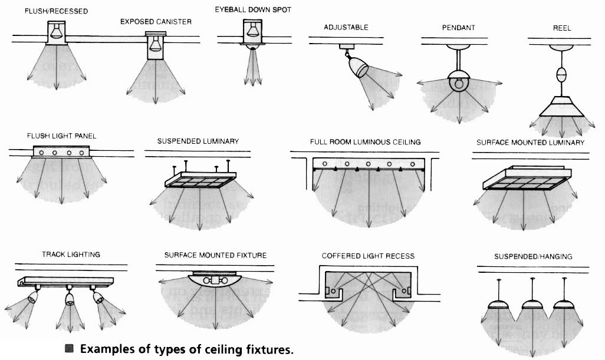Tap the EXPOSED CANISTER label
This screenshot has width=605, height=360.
click(x=156, y=22)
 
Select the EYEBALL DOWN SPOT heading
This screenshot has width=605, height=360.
click(x=252, y=9)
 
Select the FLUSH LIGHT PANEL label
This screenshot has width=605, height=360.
click(x=61, y=136)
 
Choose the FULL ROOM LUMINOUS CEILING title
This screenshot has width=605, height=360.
click(x=365, y=142)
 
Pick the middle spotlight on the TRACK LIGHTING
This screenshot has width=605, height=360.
click(x=70, y=299)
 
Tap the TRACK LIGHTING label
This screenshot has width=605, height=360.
click(x=71, y=255)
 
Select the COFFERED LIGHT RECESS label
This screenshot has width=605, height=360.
click(x=368, y=256)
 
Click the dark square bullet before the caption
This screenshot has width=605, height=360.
click(x=70, y=349)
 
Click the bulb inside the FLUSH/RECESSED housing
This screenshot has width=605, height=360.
click(x=56, y=31)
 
